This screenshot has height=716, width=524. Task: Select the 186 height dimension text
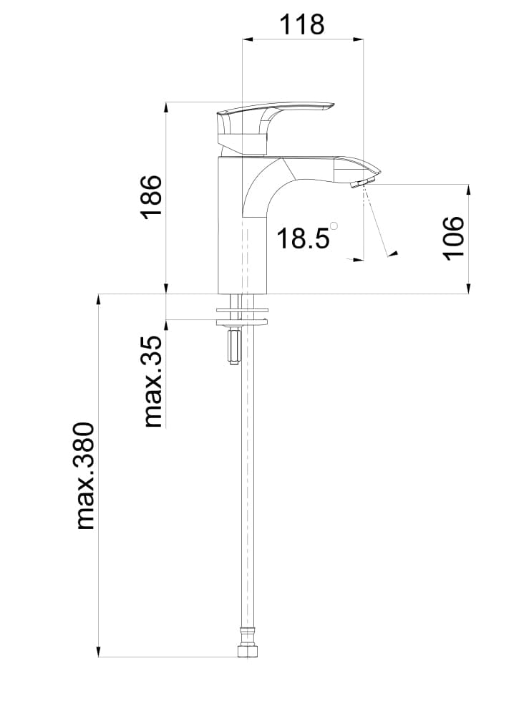[x=152, y=196]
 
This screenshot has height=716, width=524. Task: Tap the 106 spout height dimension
[x=454, y=238]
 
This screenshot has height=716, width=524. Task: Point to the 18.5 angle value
[x=303, y=238]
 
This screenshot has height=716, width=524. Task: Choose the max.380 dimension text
[x=85, y=476]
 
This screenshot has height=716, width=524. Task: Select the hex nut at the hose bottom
[x=248, y=651]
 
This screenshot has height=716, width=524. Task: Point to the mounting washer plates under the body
[x=242, y=316]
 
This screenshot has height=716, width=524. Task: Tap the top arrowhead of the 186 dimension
[x=166, y=107]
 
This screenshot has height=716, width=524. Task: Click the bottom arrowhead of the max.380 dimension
[x=98, y=651]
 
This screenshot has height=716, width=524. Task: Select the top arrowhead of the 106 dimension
[x=469, y=189]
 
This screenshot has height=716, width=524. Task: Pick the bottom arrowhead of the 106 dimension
[x=469, y=289]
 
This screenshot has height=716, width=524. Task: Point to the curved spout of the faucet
[x=315, y=172]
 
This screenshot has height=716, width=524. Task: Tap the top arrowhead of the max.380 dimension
[x=98, y=299]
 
